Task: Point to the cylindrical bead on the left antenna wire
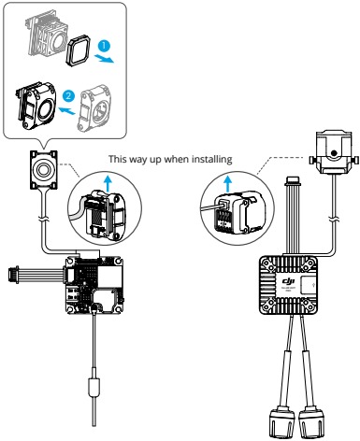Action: (x=94, y=386)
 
